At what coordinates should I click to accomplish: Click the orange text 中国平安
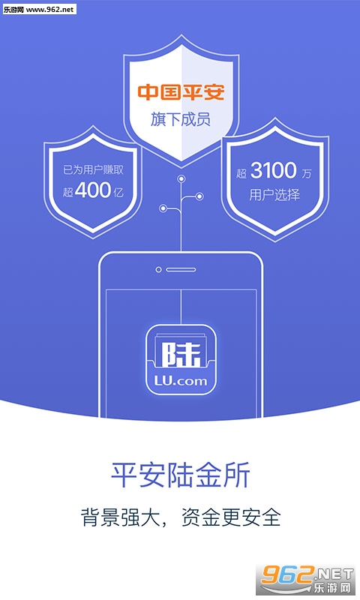pos(181,92)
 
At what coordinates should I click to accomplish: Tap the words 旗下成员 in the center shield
pos(181,119)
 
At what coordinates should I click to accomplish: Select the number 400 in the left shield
pos(93,190)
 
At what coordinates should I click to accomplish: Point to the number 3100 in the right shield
pos(274,171)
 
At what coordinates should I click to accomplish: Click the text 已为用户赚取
pos(93,170)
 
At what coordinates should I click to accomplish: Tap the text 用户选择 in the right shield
pos(274,195)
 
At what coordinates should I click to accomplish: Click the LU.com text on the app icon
pos(181,381)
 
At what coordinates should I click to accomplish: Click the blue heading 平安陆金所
pos(181,475)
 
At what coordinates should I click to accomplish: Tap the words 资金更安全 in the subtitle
pos(231,517)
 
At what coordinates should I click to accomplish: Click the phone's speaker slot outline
pos(181,270)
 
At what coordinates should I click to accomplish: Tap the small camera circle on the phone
pos(158,270)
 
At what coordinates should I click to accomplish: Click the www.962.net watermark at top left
pos(39,9)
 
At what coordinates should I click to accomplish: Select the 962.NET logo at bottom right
pos(307,580)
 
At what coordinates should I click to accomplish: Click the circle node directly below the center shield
pos(181,178)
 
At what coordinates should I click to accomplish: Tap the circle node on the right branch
pos(199,196)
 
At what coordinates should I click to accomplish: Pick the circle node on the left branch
pos(163,208)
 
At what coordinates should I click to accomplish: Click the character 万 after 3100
pos(307,174)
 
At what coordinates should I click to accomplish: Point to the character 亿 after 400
pos(118,192)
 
